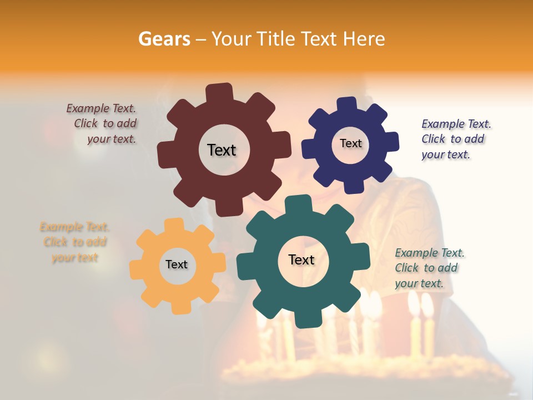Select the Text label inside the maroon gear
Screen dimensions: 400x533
[x=222, y=150]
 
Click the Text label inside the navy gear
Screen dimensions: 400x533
[x=350, y=143]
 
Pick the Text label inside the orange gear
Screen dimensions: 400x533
[x=177, y=264]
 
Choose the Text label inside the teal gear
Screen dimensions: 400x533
[x=301, y=259]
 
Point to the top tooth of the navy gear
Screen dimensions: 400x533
[x=346, y=105]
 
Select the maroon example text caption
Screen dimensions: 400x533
[x=103, y=124]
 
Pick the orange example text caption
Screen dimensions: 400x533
[x=74, y=242]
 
